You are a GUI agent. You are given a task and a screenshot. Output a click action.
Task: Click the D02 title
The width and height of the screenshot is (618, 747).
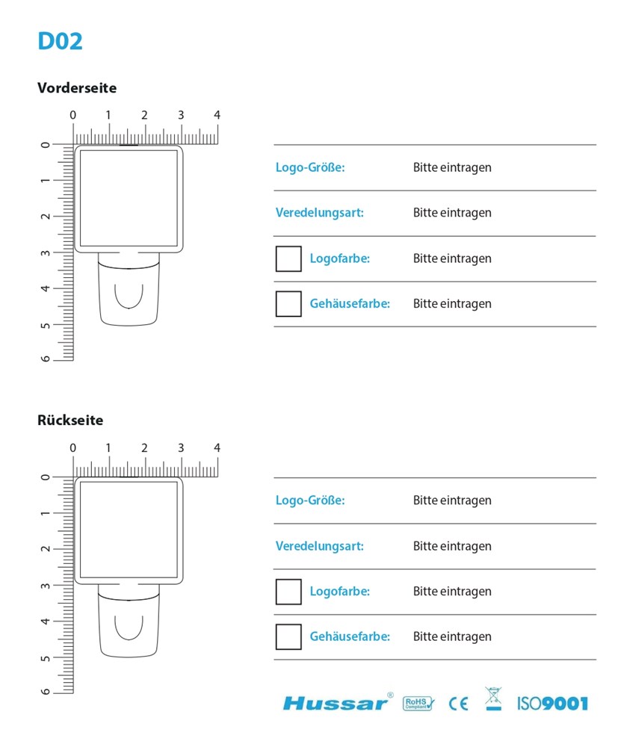coord(60,41)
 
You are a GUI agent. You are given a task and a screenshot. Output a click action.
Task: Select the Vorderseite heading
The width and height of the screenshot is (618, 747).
coord(77,87)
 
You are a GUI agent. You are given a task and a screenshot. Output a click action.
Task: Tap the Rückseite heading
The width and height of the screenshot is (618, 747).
coord(70,420)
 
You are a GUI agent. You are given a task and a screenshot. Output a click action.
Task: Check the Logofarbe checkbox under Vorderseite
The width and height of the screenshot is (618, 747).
coord(288,258)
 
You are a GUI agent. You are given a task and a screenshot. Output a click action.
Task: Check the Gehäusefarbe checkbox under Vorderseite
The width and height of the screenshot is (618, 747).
coord(288,304)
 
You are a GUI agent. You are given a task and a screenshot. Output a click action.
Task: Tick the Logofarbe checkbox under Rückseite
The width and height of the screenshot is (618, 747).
coord(288,592)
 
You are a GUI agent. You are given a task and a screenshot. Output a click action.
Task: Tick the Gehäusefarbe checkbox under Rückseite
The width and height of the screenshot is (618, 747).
coord(288,636)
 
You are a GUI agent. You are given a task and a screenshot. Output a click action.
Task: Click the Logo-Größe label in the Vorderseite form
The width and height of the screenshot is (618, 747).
coord(310,167)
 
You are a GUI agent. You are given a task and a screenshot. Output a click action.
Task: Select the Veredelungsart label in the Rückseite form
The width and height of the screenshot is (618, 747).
coord(319,546)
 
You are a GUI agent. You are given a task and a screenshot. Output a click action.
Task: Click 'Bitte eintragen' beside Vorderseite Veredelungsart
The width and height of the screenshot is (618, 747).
coord(452,213)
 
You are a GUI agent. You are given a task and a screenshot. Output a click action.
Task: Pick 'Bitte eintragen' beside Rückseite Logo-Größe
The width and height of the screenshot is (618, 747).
coord(452,500)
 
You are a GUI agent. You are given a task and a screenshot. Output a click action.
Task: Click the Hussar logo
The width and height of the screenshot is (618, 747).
coord(337,702)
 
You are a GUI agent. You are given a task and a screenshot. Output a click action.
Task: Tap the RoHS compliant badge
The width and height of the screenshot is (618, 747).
coord(418,703)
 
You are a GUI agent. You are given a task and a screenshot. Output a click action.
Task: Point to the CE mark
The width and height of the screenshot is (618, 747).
coord(458,703)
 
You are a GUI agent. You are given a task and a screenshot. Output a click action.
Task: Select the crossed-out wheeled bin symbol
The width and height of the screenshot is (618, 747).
coord(493,699)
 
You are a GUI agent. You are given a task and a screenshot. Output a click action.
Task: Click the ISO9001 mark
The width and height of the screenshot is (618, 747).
coord(552,703)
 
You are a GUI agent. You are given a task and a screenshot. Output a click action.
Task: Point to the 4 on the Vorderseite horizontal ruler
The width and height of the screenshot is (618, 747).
coord(217,115)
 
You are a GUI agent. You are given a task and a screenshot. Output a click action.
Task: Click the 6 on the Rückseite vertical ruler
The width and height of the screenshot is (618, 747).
coord(46,691)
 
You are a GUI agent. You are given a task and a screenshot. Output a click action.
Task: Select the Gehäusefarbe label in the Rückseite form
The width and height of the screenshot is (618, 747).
coord(350,636)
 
